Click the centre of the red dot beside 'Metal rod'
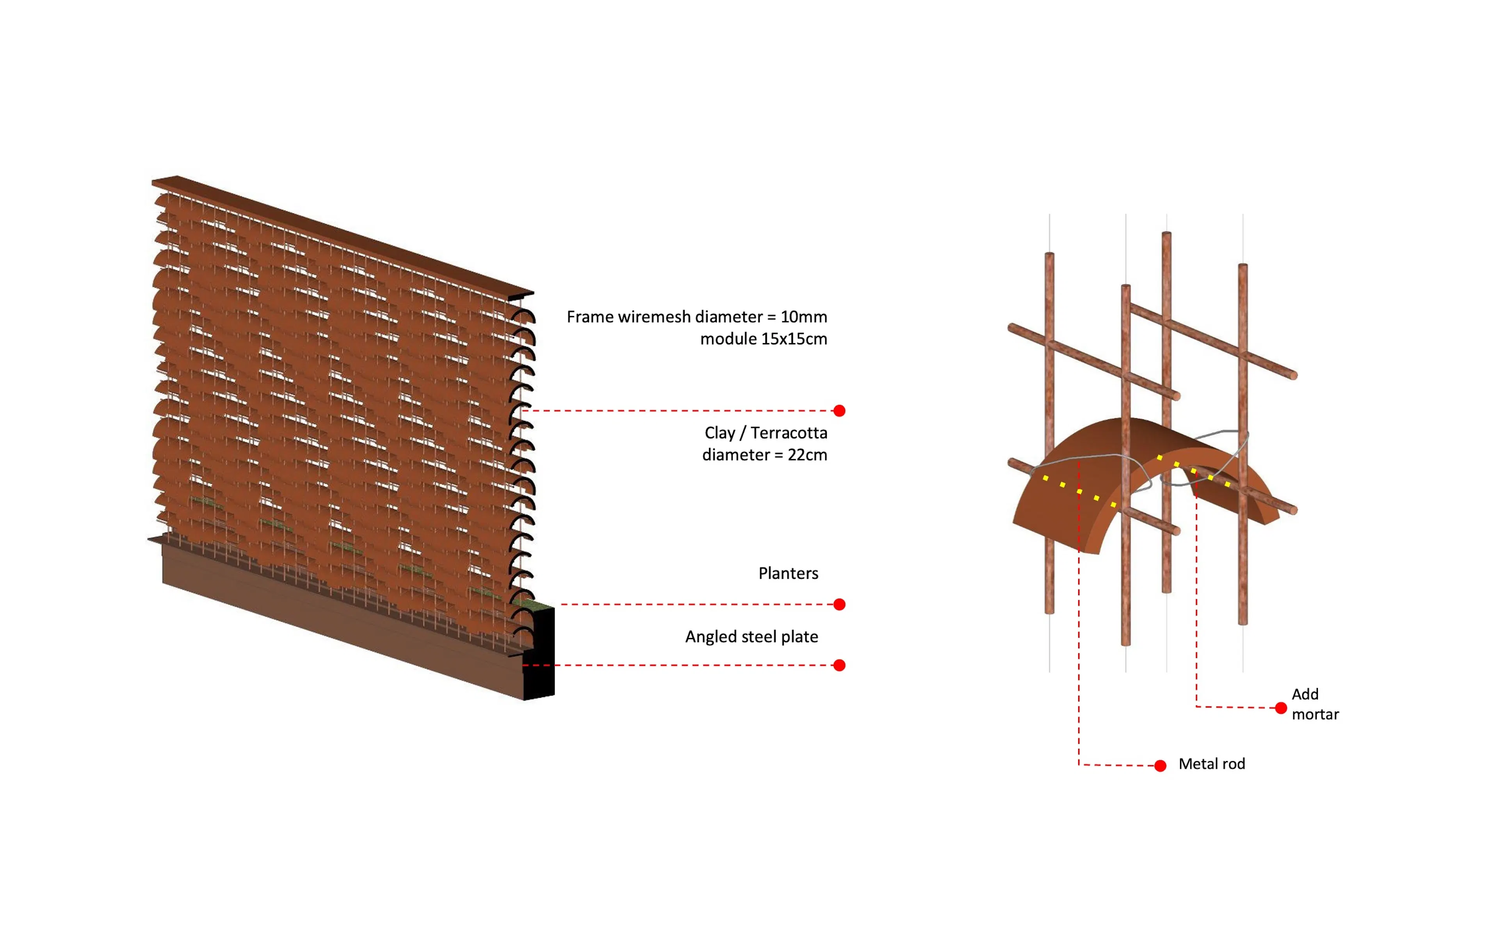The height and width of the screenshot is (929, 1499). click(x=1160, y=766)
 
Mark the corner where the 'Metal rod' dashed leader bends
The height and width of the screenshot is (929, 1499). click(x=1079, y=764)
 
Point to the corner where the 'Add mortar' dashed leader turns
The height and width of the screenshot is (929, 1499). click(x=1196, y=707)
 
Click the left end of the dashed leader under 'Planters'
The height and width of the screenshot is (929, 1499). click(x=561, y=605)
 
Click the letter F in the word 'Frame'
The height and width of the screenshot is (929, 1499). click(x=571, y=317)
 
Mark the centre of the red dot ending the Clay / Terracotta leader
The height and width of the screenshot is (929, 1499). click(x=839, y=410)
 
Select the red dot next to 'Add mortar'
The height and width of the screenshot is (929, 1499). click(x=1281, y=708)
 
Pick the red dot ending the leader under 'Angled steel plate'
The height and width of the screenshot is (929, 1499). click(x=839, y=665)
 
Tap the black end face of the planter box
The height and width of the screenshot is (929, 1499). click(x=539, y=653)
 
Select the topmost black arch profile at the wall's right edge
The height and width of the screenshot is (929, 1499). click(x=523, y=316)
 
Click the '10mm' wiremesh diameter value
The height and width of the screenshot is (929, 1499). click(x=804, y=317)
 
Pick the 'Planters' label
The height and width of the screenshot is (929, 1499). click(x=788, y=573)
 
